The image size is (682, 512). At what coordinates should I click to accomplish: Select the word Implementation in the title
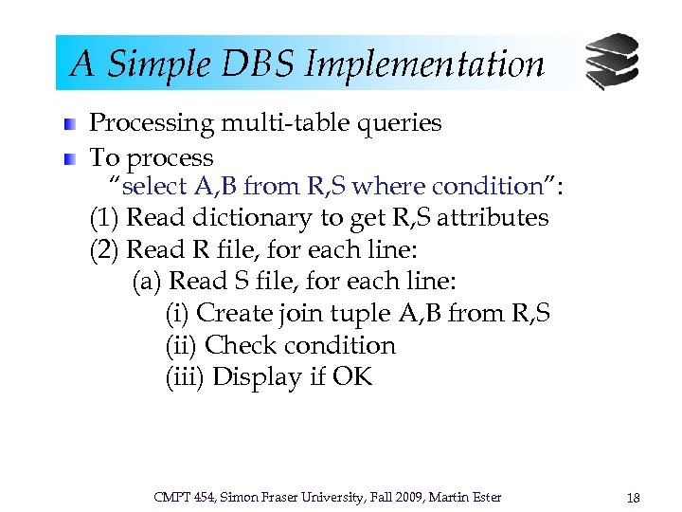pos(424,64)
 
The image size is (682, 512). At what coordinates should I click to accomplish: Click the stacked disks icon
pos(611,61)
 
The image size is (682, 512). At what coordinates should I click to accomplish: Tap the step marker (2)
pos(104,250)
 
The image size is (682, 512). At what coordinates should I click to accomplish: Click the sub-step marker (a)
pos(148,282)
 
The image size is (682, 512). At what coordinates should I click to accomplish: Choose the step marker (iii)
pos(185,377)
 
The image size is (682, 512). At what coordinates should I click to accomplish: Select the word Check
pos(241,346)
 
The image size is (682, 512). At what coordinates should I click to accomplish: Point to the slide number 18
pos(633,497)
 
